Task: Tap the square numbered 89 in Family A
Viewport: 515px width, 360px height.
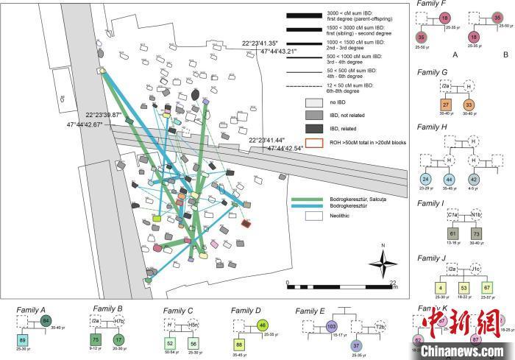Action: [23, 339]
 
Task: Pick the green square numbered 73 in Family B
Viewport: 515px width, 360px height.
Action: [96, 339]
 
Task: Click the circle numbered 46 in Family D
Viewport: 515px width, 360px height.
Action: [263, 325]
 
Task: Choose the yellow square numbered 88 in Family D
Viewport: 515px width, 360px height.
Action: [239, 345]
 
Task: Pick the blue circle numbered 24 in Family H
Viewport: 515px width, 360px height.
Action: [425, 179]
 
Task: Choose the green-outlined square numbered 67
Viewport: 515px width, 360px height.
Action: [486, 286]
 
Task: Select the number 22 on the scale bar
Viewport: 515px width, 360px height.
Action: [394, 282]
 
